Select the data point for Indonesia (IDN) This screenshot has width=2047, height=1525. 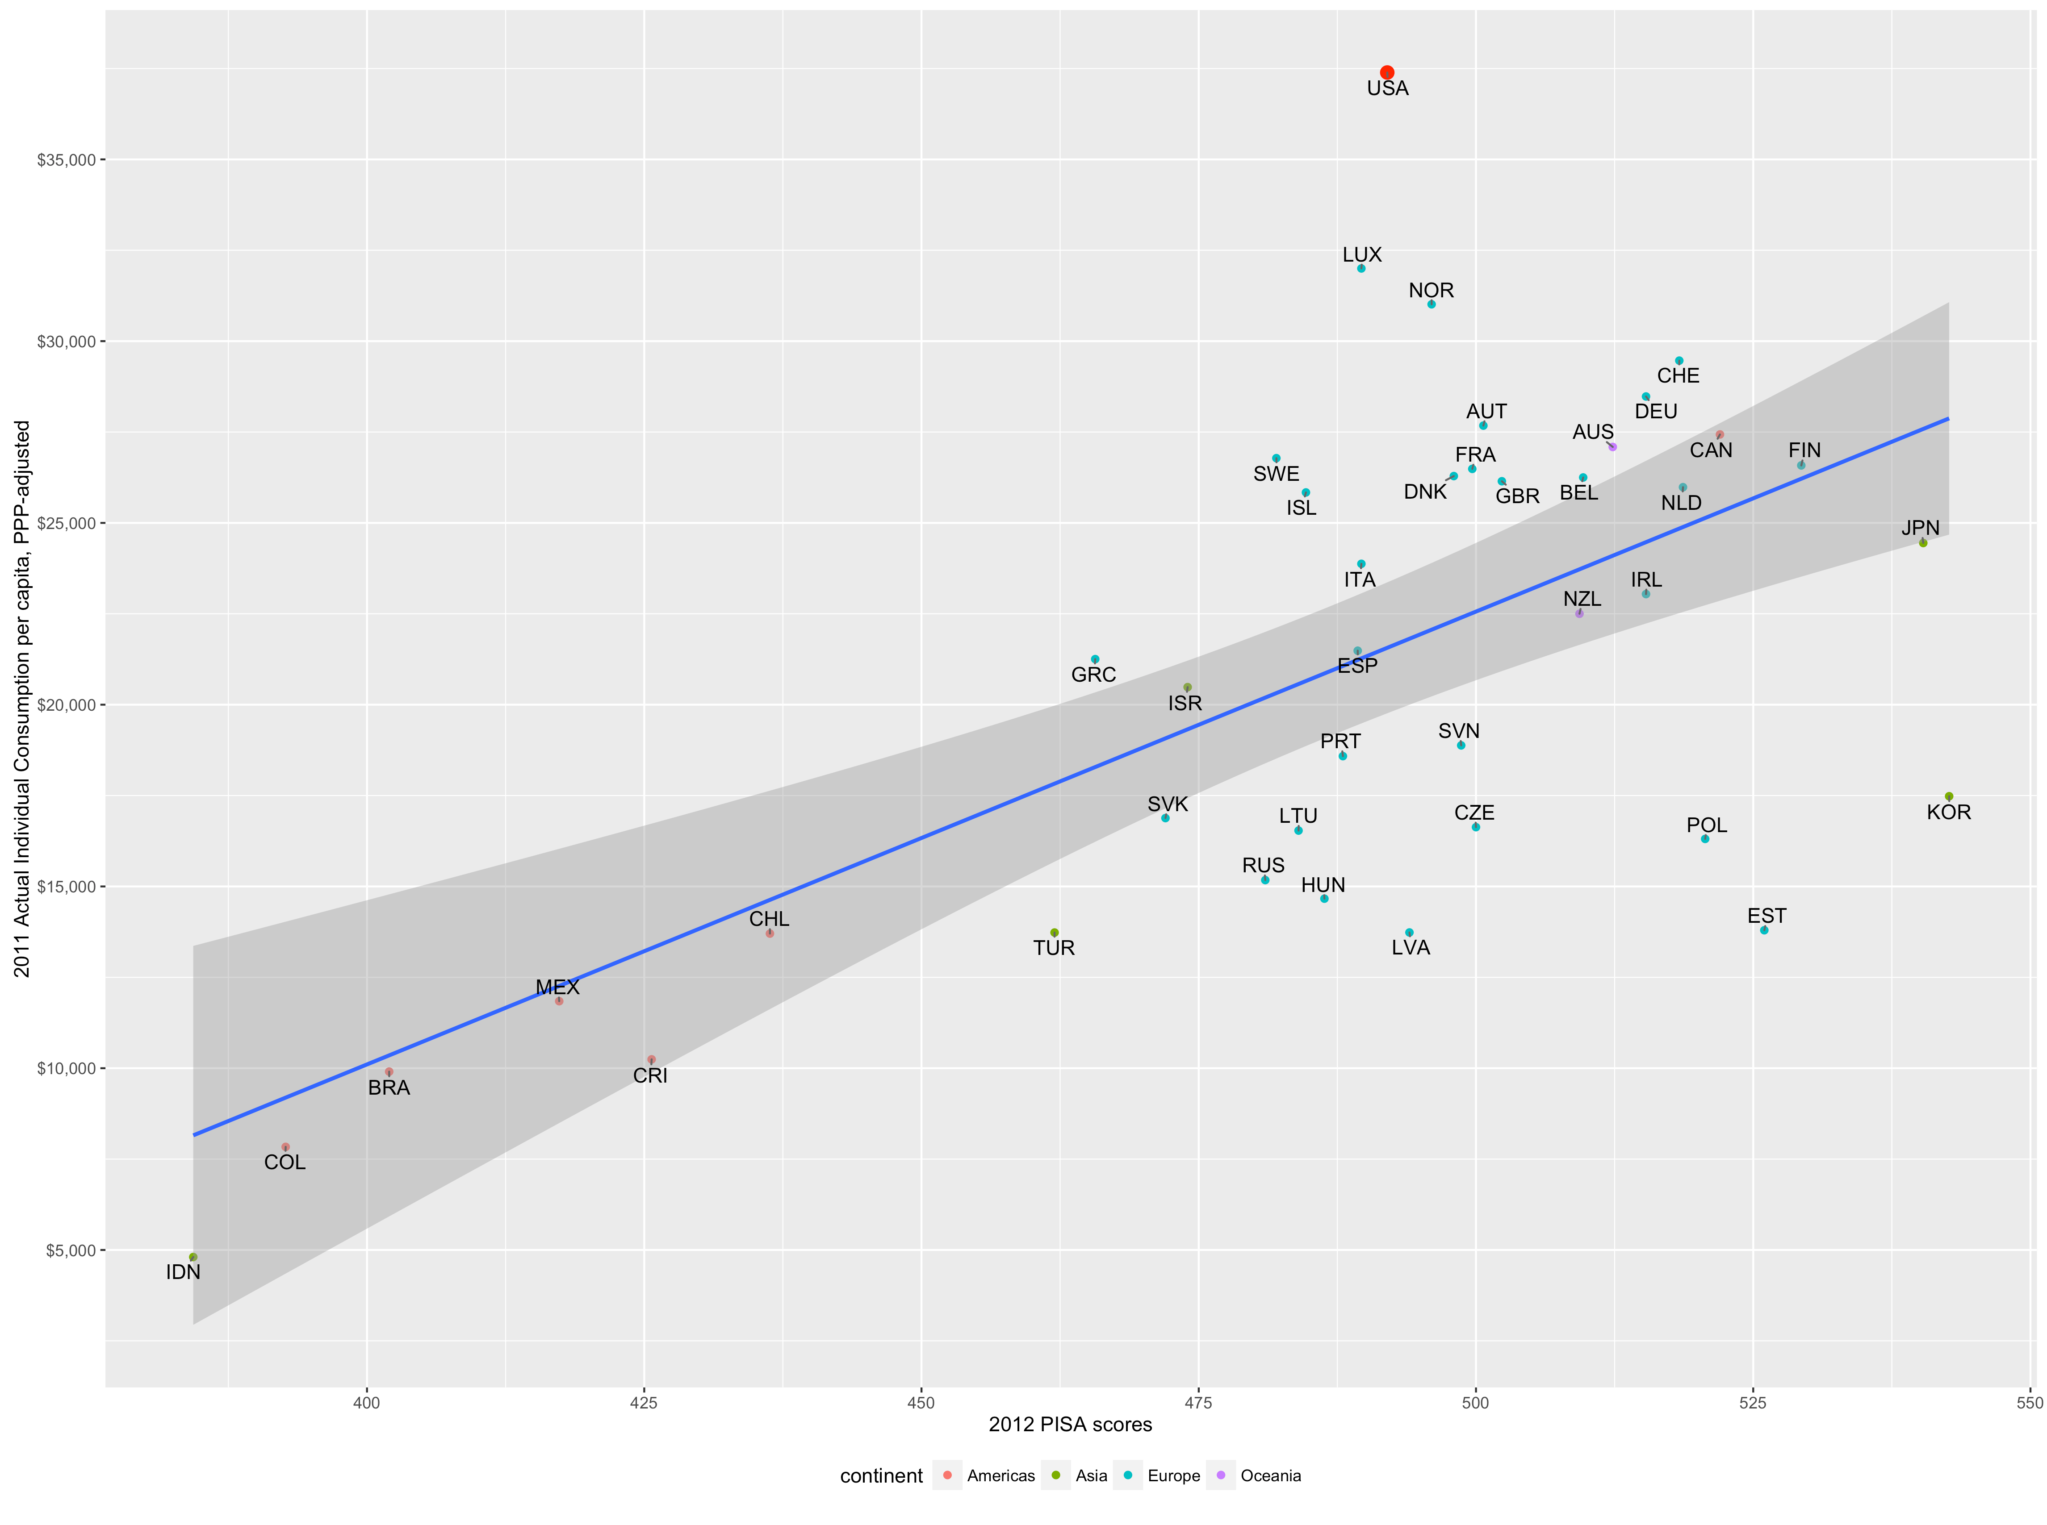[193, 1257]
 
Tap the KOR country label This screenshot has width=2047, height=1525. [1948, 812]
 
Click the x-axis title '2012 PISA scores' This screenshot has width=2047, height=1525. [1070, 1425]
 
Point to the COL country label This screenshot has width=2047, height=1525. [285, 1162]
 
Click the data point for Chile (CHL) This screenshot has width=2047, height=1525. [769, 933]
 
